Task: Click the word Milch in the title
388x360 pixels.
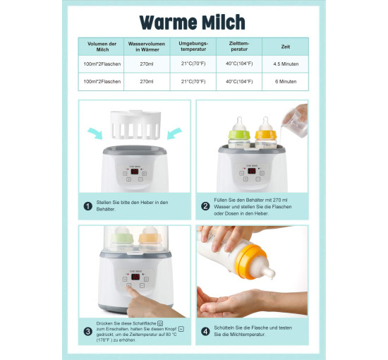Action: click(x=224, y=23)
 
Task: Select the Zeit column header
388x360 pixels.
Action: click(x=285, y=47)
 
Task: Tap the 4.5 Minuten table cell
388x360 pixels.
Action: click(x=286, y=64)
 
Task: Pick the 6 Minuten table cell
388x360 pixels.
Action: click(x=286, y=81)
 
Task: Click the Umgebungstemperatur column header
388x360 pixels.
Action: click(x=193, y=47)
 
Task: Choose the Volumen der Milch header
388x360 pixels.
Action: click(x=102, y=47)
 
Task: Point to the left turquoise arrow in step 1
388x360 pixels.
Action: click(x=95, y=133)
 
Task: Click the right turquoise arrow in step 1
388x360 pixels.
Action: click(x=174, y=133)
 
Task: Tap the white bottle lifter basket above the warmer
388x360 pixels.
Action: click(x=135, y=124)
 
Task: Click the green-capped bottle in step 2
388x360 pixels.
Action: click(x=239, y=133)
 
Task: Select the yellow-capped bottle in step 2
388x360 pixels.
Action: click(x=266, y=133)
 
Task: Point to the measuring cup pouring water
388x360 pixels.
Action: click(x=295, y=124)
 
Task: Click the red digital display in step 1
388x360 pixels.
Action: click(x=135, y=172)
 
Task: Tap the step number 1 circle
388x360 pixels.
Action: click(x=88, y=206)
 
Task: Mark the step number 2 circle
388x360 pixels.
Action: click(x=205, y=206)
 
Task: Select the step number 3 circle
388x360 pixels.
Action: click(x=88, y=332)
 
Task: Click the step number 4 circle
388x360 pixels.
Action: click(x=205, y=332)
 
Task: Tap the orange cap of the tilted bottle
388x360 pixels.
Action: click(x=249, y=261)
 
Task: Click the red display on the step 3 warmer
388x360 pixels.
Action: click(x=135, y=277)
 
